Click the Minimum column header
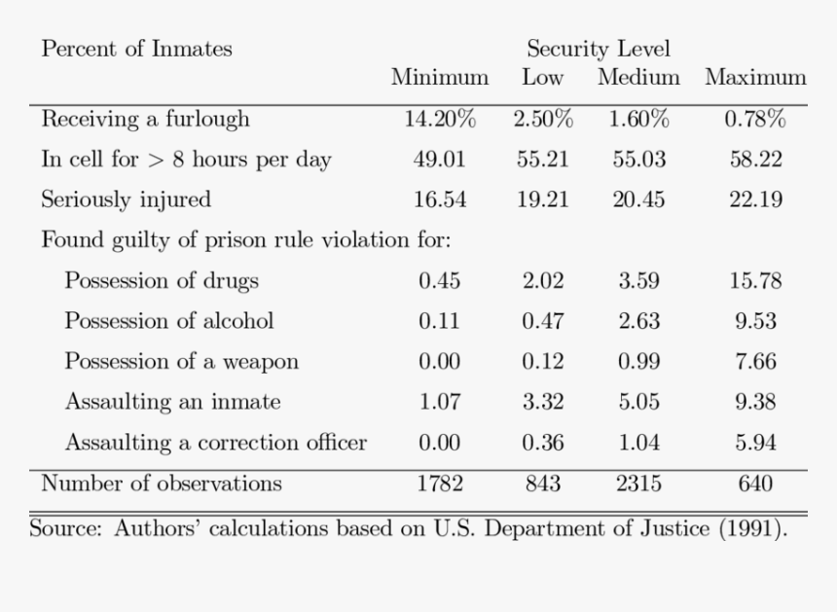[440, 77]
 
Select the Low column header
[542, 77]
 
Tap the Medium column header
[638, 77]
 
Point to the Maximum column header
[755, 77]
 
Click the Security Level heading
[599, 49]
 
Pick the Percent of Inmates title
[136, 49]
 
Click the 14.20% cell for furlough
[440, 120]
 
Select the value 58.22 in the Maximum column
[755, 160]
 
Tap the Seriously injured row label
[126, 199]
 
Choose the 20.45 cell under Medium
[638, 199]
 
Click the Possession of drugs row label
[162, 281]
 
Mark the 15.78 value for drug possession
[755, 281]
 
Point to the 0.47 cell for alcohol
[542, 321]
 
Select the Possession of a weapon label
[181, 362]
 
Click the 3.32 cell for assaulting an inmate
[542, 402]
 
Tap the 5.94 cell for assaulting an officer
[755, 443]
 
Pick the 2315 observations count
[638, 484]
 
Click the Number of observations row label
[162, 484]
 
